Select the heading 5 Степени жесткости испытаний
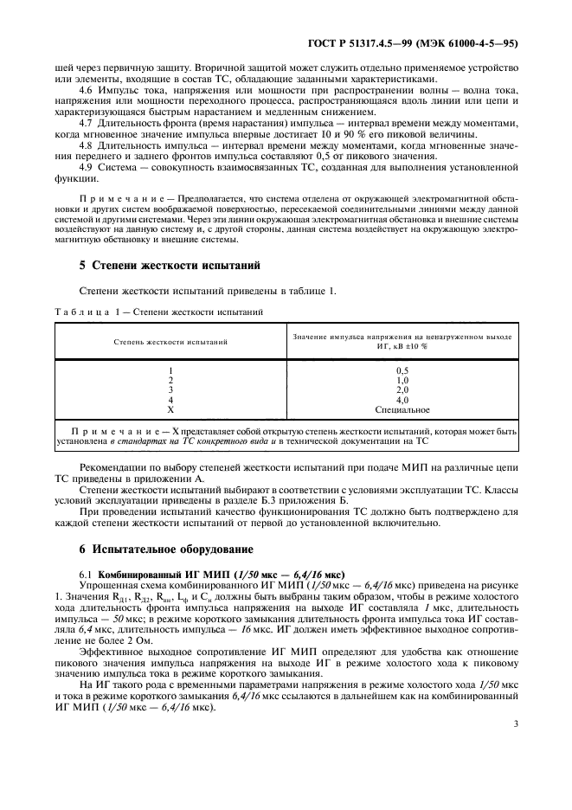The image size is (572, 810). click(x=164, y=265)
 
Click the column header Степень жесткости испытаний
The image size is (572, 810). click(x=170, y=341)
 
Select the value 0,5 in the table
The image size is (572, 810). click(x=402, y=370)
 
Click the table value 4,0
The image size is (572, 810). click(x=402, y=400)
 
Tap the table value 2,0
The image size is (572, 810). click(x=402, y=390)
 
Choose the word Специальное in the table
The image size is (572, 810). click(x=402, y=409)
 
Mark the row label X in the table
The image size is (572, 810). click(x=170, y=409)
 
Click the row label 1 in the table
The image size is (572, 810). click(x=170, y=370)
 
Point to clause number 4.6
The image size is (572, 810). click(x=86, y=90)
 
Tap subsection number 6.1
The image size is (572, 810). click(x=86, y=574)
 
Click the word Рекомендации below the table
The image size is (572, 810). click(x=113, y=466)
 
